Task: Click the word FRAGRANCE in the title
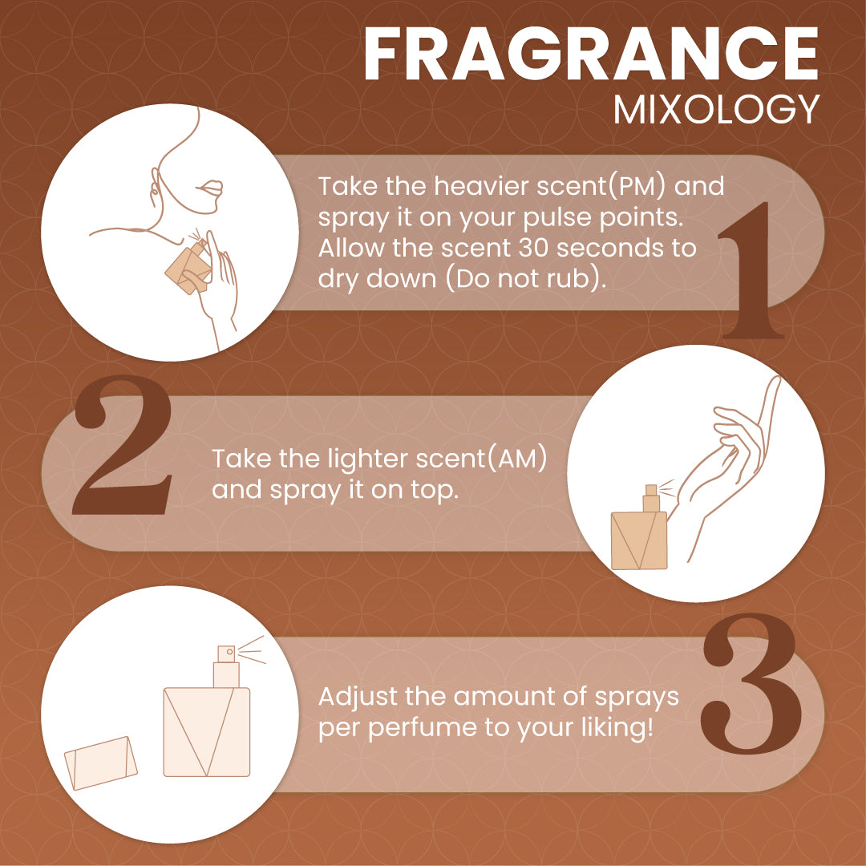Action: click(x=590, y=55)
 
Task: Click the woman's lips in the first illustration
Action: click(x=210, y=188)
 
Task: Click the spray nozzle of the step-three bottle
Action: click(x=226, y=653)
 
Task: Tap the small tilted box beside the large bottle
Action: click(x=100, y=763)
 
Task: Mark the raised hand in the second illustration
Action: click(x=729, y=453)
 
